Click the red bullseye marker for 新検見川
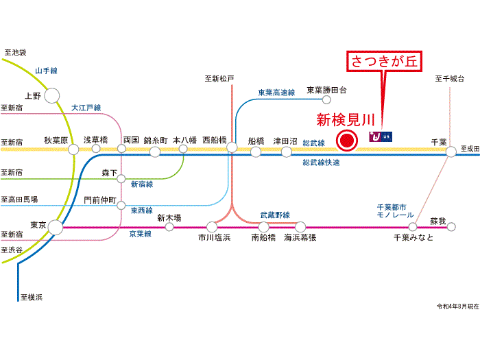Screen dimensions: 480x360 tap(347, 141)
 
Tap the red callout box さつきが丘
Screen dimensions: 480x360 tap(384, 61)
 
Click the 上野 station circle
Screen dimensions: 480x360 tap(52, 95)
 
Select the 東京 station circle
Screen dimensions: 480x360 tap(56, 228)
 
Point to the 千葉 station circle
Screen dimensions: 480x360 tap(451, 152)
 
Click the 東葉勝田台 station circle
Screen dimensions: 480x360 tap(326, 99)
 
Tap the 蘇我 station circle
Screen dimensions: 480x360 tap(451, 227)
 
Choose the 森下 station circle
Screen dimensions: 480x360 tap(121, 178)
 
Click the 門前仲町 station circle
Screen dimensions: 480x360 tap(121, 205)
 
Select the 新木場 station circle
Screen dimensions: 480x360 tap(169, 227)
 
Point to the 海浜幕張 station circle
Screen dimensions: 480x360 tap(300, 227)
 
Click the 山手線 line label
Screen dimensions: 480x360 tap(47, 71)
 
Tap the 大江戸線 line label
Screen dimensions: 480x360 tap(86, 108)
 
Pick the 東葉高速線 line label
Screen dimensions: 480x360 tap(276, 93)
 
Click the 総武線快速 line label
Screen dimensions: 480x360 tap(321, 163)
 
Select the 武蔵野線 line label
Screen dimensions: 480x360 tap(275, 215)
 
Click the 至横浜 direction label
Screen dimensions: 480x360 tap(32, 297)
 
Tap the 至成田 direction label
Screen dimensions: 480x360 tap(470, 149)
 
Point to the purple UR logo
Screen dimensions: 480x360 tap(381, 136)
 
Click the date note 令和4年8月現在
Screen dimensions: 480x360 tap(457, 306)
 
